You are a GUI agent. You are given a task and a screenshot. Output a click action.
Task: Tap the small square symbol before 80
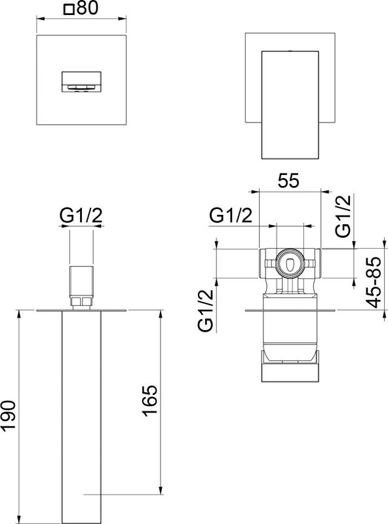pos(69,9)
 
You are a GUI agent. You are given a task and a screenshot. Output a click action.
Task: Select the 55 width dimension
pos(288,181)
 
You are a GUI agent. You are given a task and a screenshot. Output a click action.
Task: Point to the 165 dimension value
pos(150,401)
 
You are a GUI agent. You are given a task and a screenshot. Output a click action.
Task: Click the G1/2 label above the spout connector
pos(81,215)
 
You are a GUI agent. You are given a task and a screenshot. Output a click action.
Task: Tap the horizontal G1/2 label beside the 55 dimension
pos(231,215)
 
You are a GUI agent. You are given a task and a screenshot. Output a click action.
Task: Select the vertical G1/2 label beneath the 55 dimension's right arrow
pos(343,216)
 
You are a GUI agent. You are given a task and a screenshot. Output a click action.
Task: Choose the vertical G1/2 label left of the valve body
pos(205,310)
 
